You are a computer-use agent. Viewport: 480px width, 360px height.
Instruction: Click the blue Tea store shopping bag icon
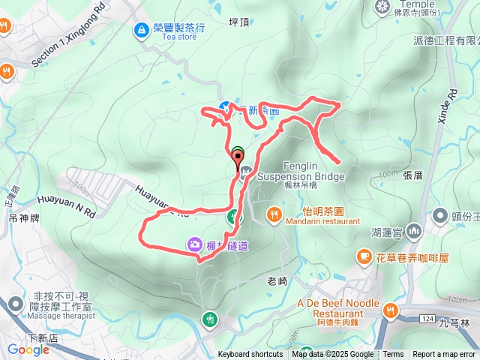click(x=141, y=30)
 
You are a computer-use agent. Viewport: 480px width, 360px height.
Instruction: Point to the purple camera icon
click(x=194, y=244)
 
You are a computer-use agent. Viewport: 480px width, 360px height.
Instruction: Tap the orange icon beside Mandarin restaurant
click(x=274, y=216)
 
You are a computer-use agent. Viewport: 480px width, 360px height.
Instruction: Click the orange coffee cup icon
click(x=364, y=257)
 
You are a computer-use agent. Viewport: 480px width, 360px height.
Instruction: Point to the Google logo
click(x=28, y=349)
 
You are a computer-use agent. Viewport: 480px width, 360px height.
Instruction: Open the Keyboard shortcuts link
click(x=250, y=355)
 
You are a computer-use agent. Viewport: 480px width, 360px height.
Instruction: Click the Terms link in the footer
click(x=393, y=355)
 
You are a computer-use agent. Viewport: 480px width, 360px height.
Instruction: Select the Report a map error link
click(x=444, y=355)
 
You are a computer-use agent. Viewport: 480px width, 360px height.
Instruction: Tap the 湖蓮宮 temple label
click(x=388, y=232)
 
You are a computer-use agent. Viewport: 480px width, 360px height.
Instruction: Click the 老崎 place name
click(x=277, y=281)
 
